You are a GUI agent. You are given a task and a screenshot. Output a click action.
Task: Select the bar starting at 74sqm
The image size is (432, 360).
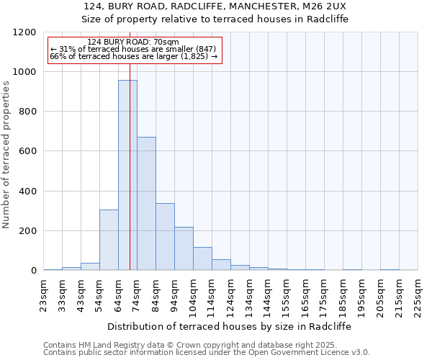click(146, 203)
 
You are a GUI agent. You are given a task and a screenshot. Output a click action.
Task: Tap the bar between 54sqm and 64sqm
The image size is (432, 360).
click(109, 240)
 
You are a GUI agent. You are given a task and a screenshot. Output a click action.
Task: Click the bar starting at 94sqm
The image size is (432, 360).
click(184, 248)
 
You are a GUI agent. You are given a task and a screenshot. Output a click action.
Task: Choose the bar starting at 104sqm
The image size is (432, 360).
click(202, 258)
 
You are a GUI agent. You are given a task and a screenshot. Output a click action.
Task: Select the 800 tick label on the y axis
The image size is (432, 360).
click(28, 112)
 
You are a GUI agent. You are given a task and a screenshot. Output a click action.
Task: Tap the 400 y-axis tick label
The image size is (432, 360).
click(28, 192)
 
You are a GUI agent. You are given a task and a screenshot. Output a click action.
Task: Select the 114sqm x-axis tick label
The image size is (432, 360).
click(212, 296)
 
